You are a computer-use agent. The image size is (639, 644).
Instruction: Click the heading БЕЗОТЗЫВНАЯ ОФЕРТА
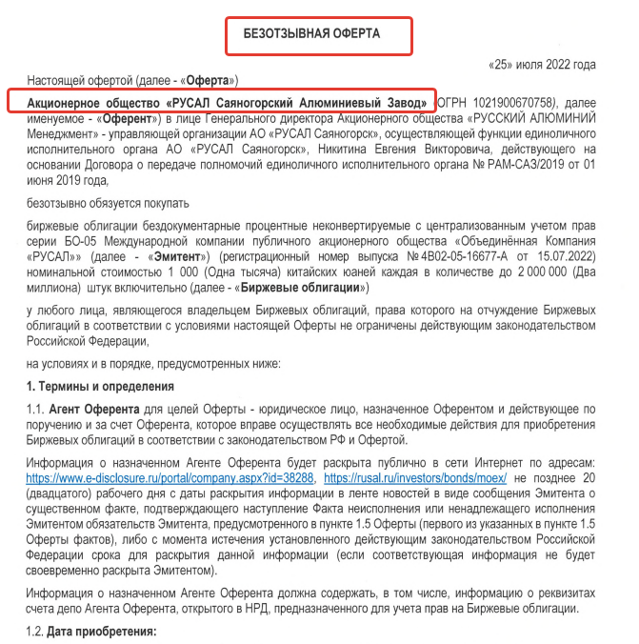coord(318,33)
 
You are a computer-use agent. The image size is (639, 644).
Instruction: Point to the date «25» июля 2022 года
coord(542,64)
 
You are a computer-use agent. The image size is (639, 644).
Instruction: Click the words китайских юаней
coord(336,272)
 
